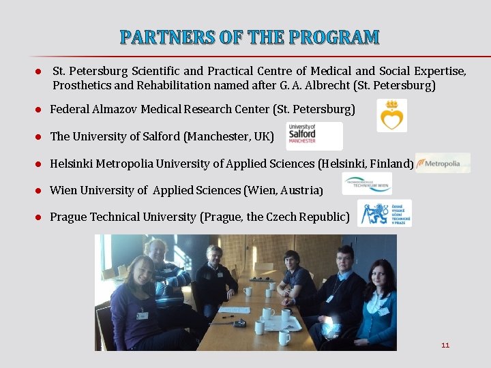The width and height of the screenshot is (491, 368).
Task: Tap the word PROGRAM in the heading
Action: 335,37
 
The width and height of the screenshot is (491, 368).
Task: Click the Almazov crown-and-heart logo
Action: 391,115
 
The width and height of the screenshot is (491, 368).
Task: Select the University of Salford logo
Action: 304,136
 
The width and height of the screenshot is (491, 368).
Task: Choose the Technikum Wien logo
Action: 367,183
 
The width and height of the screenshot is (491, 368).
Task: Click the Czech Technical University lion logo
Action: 385,213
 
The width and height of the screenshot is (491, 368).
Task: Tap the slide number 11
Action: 445,345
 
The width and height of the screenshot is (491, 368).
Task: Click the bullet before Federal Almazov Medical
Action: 40,110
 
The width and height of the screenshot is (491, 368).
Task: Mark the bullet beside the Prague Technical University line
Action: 40,217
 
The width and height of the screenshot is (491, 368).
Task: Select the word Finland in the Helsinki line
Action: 391,164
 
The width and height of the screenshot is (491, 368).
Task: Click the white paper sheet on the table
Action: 234,309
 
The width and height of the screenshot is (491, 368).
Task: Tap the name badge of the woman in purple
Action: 142,316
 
